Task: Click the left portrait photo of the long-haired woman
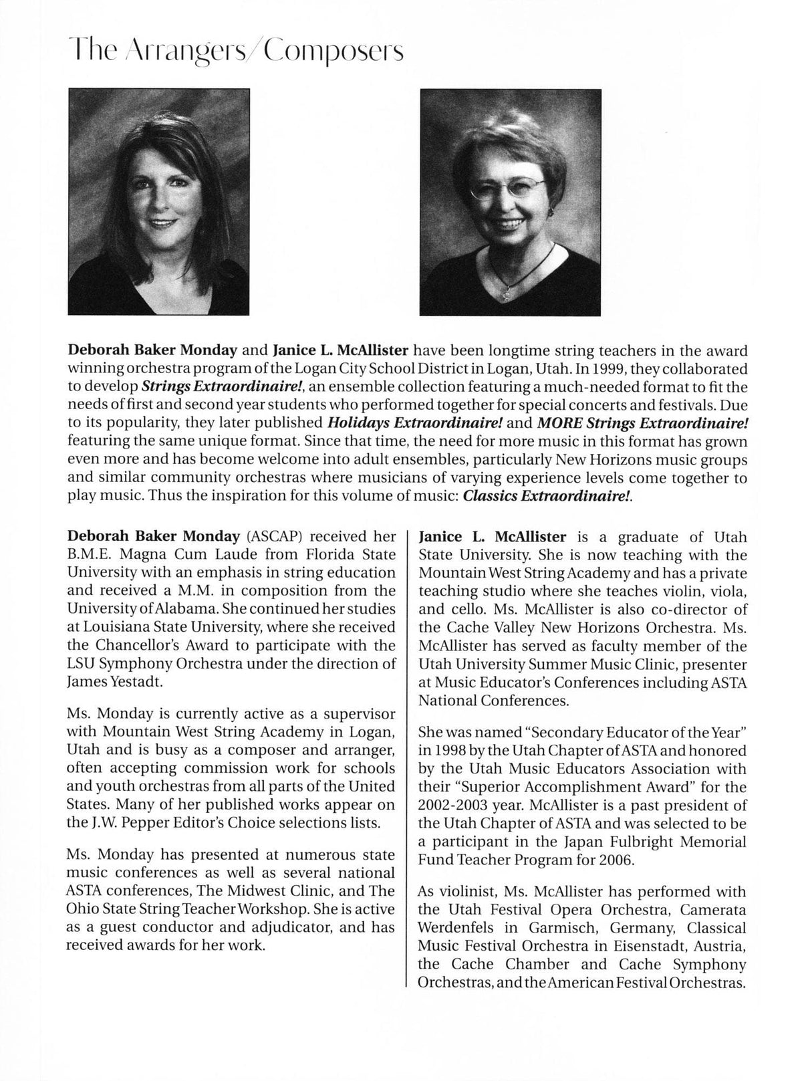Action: click(x=158, y=202)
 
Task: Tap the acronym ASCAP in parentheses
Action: click(x=272, y=537)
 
